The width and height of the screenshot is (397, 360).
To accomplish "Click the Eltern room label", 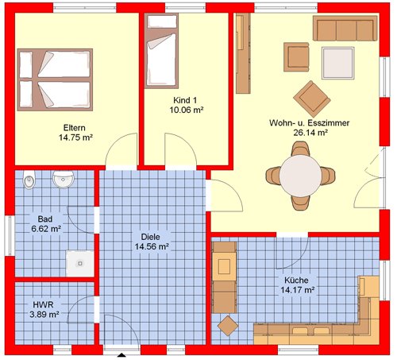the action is click(x=75, y=128).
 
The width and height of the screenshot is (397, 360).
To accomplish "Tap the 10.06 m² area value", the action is click(x=187, y=110).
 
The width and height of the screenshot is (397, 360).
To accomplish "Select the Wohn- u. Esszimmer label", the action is click(x=310, y=123).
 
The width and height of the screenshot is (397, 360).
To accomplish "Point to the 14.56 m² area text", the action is click(x=152, y=246).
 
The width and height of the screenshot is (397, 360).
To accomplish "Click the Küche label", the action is click(x=296, y=280).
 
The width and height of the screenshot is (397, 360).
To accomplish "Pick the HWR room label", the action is click(x=43, y=304).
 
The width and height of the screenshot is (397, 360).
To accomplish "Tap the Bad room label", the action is click(x=45, y=219).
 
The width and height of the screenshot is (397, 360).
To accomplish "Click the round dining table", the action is click(x=300, y=176).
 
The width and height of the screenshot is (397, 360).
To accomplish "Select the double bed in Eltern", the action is click(x=55, y=79).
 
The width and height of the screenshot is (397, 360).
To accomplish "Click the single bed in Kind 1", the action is click(x=161, y=51).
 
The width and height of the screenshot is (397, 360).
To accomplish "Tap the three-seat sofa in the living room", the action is click(x=345, y=28).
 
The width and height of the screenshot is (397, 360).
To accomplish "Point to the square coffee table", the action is click(x=338, y=63).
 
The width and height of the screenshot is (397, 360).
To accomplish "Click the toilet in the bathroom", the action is click(x=29, y=180).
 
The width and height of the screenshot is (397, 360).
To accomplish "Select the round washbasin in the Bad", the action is click(x=63, y=179).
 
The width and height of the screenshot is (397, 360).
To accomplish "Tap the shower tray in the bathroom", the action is click(x=80, y=264).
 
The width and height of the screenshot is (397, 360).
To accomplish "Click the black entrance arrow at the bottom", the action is click(x=121, y=355).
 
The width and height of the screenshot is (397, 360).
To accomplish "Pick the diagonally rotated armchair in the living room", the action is click(x=312, y=99).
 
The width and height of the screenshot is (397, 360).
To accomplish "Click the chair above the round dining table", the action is click(x=300, y=149).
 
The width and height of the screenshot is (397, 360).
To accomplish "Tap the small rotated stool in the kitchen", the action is click(x=228, y=326).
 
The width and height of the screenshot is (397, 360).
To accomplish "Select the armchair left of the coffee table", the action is click(x=296, y=57).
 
